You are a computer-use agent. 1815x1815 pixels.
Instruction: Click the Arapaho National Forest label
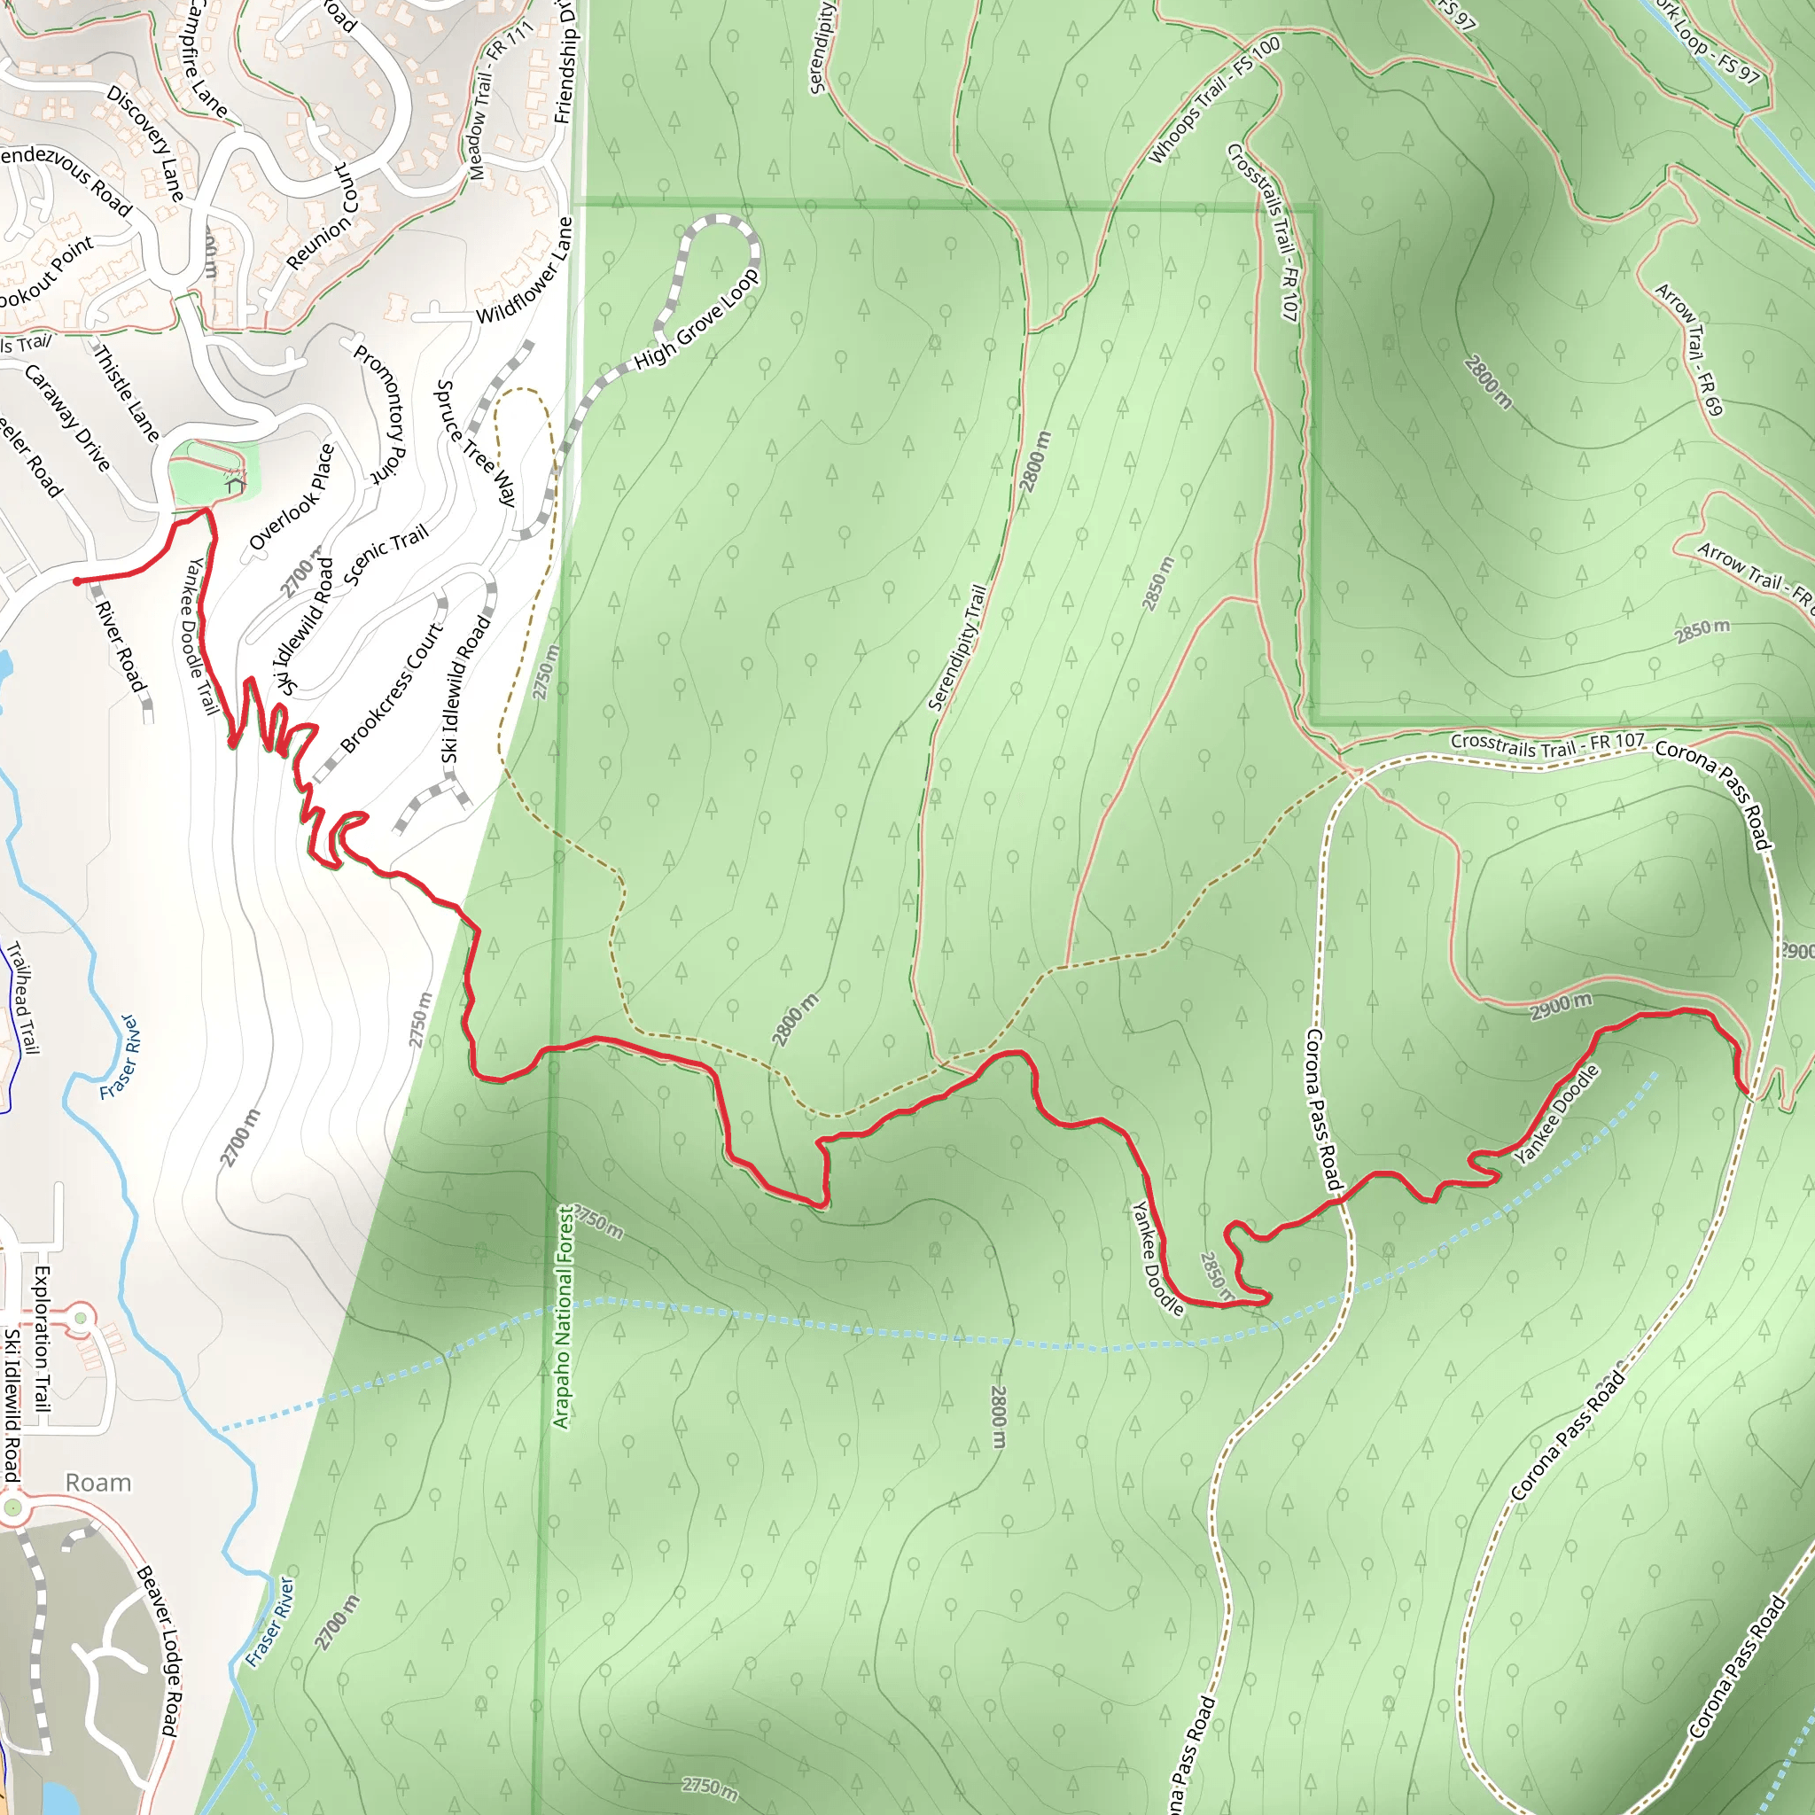[x=563, y=1317]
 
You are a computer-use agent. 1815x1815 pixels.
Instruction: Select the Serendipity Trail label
[x=957, y=647]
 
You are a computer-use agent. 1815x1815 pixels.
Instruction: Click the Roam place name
[x=97, y=1483]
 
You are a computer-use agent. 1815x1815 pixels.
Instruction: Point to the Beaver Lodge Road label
[x=158, y=1650]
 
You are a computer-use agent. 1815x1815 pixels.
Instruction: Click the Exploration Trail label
[x=42, y=1339]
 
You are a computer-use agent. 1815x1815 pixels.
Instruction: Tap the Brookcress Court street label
[x=391, y=688]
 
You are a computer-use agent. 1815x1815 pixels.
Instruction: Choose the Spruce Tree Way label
[x=476, y=443]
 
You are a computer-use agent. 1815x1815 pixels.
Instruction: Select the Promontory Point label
[x=379, y=413]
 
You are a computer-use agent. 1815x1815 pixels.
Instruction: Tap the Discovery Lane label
[x=145, y=143]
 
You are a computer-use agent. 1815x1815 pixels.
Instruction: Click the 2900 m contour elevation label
[x=1561, y=1007]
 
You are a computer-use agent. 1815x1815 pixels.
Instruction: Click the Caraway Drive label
[x=67, y=417]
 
